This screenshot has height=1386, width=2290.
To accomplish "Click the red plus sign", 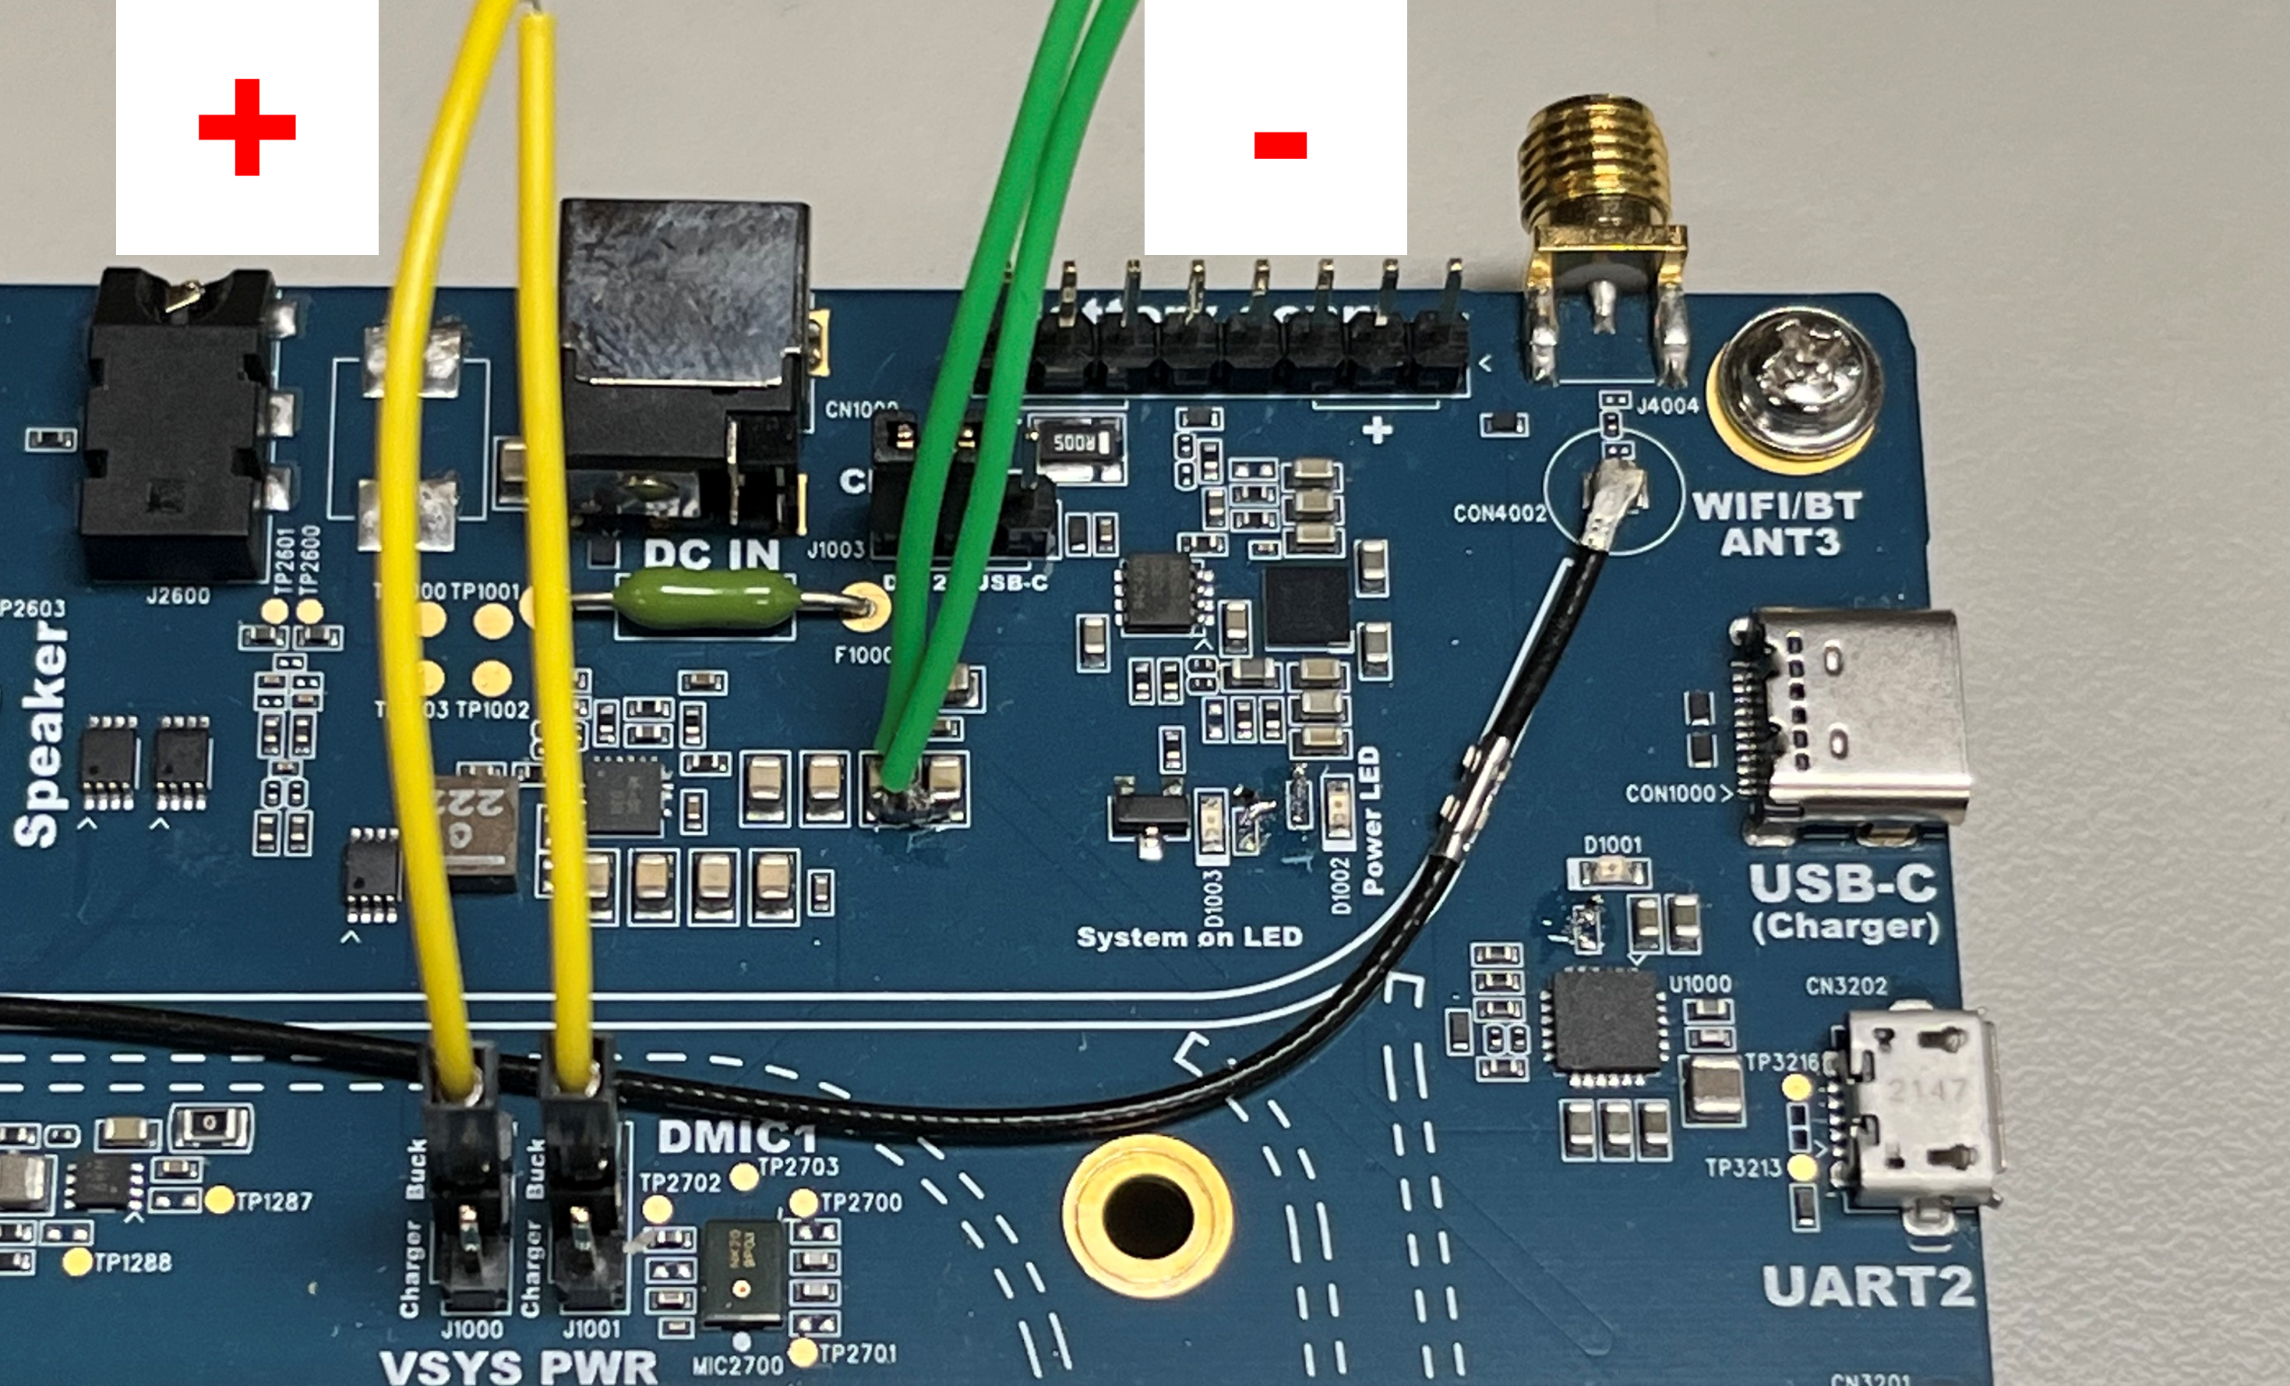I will point(246,126).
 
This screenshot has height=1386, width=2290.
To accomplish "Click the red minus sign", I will point(1279,145).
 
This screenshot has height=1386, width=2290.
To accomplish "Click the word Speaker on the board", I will point(42,734).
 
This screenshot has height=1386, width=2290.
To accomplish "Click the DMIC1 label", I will point(736,1137).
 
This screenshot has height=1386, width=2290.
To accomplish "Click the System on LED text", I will point(1189,937).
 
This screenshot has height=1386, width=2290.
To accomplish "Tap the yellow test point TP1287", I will point(218,1200).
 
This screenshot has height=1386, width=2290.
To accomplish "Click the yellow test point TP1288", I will point(78,1261).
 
